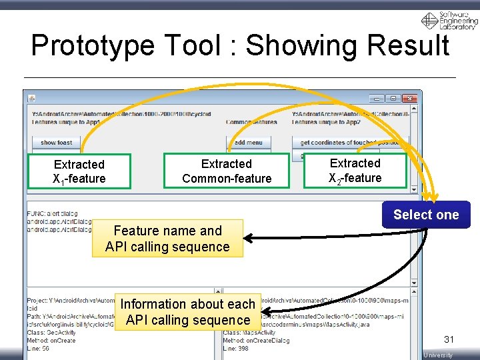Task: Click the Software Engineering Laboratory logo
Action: point(449,21)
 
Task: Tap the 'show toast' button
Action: point(57,143)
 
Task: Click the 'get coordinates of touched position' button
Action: point(349,143)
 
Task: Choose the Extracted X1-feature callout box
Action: point(79,171)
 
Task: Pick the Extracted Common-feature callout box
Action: point(227,171)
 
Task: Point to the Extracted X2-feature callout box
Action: point(355,170)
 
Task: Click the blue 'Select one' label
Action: point(426,215)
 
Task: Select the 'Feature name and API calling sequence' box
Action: point(167,239)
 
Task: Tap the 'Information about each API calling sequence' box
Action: point(188,312)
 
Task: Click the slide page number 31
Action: point(449,339)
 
